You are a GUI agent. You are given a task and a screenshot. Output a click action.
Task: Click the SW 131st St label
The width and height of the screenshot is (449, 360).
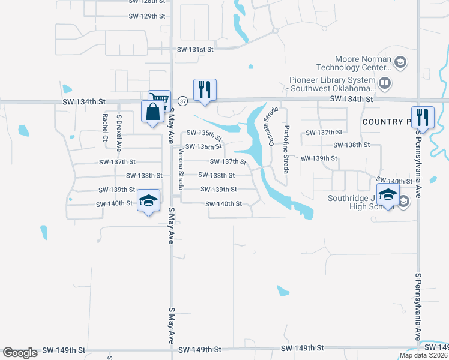(194, 50)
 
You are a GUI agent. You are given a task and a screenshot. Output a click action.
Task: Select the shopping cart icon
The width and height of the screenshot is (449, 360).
(159, 98)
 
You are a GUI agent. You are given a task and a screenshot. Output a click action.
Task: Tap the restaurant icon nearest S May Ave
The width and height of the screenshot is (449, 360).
(205, 89)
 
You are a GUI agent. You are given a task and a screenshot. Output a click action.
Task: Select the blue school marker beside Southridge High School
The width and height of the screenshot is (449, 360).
(388, 195)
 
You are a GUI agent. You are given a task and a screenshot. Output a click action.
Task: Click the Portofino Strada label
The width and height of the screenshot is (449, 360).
(287, 146)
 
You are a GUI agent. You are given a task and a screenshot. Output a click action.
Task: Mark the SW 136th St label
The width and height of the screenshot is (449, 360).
(204, 146)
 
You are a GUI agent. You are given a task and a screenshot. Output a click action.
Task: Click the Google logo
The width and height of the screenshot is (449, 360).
(20, 353)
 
